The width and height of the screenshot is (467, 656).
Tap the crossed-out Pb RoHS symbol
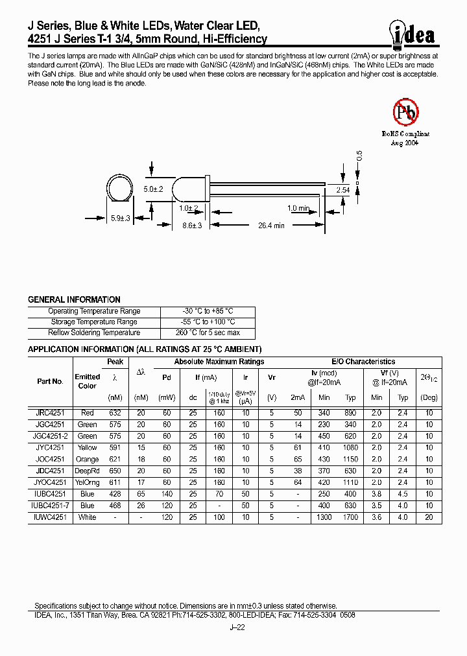(406, 112)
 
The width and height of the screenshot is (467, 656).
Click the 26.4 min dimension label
(271, 226)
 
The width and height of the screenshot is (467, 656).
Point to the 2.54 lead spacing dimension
(343, 190)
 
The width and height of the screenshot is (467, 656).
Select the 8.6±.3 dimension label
(193, 226)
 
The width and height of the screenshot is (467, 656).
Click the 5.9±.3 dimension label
(121, 218)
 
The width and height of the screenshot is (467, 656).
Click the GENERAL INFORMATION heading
(74, 299)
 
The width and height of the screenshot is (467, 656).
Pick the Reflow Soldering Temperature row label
(94, 333)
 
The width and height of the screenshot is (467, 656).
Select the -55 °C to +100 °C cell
(208, 322)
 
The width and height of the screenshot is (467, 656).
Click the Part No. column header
(50, 381)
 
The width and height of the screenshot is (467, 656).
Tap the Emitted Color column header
(88, 381)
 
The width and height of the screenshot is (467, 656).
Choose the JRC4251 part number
(50, 412)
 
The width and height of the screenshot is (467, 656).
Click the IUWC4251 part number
(50, 517)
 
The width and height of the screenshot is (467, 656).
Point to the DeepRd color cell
(88, 471)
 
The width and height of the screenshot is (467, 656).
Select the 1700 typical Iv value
(350, 517)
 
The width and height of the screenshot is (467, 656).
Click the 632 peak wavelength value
(115, 412)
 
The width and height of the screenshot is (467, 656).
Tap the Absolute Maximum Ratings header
(219, 362)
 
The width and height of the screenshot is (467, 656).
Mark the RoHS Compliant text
(405, 134)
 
